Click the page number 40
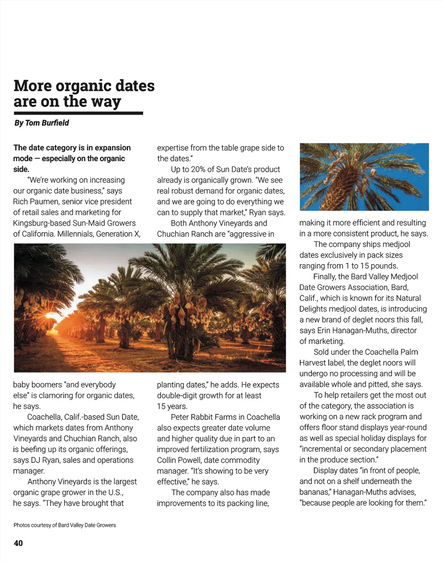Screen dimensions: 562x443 coord(18,543)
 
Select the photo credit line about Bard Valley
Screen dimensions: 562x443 coord(64,525)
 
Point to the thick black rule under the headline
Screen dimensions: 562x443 coord(78,113)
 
